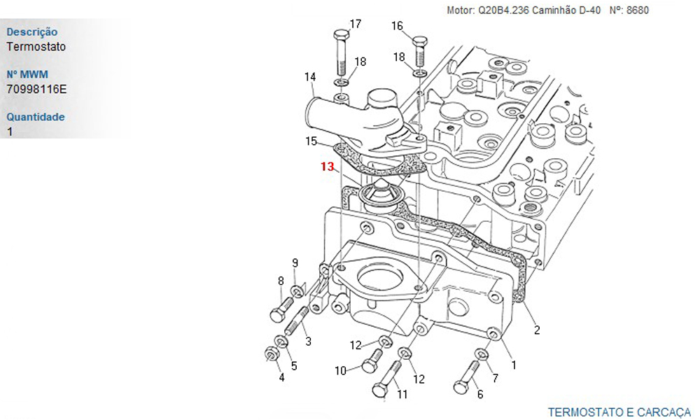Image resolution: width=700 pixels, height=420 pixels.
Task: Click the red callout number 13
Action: click(x=327, y=167)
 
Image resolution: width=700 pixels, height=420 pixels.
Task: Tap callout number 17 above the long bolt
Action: click(x=355, y=24)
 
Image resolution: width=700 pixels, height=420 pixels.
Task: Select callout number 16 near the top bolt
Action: click(x=397, y=26)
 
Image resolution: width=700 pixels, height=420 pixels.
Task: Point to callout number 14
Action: click(x=310, y=76)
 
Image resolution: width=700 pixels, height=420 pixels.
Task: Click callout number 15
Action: click(x=311, y=141)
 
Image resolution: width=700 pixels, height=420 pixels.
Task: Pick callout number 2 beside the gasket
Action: click(x=537, y=330)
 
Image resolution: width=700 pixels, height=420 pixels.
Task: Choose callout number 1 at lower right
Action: click(x=514, y=364)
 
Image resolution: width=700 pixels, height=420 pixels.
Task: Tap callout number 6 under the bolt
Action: click(x=479, y=394)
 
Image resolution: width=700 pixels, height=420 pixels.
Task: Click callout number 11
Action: click(x=402, y=394)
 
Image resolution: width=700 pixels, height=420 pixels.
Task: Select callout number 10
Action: click(x=341, y=370)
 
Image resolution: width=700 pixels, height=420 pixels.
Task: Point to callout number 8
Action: click(x=281, y=281)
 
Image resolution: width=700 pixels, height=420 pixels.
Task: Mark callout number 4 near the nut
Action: click(x=281, y=378)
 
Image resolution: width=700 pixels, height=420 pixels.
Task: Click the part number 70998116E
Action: click(x=36, y=89)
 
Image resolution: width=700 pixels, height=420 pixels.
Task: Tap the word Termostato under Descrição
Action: click(x=36, y=47)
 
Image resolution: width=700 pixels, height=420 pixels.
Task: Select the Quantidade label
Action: click(x=35, y=117)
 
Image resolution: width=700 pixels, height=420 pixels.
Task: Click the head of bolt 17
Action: click(x=341, y=35)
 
